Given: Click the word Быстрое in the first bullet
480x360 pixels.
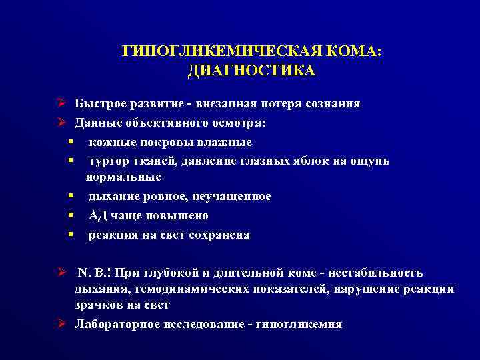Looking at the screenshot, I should (x=97, y=103).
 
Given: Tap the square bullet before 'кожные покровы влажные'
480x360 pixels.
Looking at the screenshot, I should (x=69, y=142).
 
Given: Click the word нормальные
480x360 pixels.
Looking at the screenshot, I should (x=123, y=177).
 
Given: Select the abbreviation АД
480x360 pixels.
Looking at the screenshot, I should (x=97, y=215).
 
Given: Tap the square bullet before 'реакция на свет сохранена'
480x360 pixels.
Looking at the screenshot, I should (x=69, y=235).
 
